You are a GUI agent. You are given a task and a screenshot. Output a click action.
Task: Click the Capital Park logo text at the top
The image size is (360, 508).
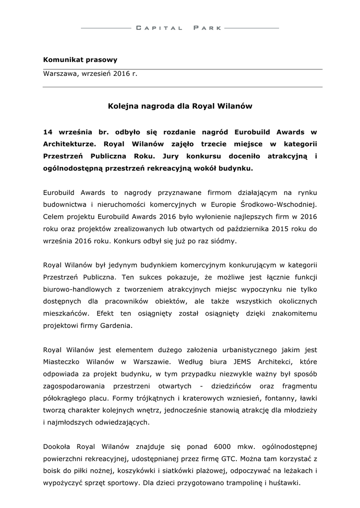180,28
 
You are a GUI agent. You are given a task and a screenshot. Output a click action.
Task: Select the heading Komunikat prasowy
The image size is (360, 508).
80,60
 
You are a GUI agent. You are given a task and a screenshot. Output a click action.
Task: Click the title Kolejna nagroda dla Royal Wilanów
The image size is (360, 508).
180,106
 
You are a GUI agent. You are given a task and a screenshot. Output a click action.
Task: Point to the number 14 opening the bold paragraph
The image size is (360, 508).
48,132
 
